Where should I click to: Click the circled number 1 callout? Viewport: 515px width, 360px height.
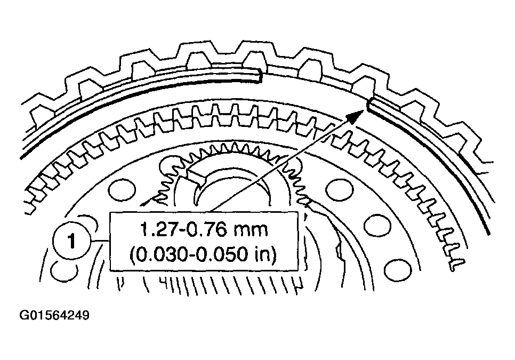tap(71, 242)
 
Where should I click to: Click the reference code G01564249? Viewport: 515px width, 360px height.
tap(54, 315)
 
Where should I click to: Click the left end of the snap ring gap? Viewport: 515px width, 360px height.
tap(261, 75)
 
